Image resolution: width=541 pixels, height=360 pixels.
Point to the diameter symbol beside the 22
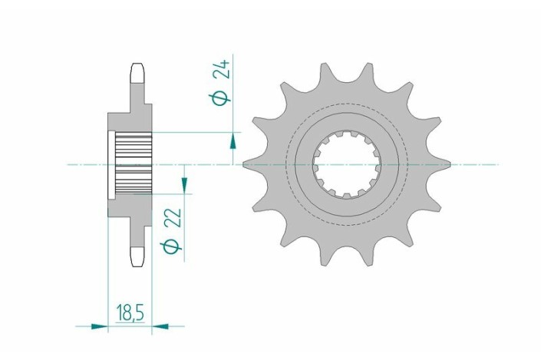[x=173, y=245]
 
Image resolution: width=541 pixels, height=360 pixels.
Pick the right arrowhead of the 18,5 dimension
[x=160, y=326]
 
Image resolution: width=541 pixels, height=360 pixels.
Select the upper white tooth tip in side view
[x=137, y=74]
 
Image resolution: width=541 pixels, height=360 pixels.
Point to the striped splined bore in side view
[x=134, y=163]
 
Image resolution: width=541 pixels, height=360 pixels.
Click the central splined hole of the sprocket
[x=347, y=163]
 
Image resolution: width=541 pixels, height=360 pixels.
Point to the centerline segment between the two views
[x=200, y=163]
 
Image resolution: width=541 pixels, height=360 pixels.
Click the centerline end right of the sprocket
[x=491, y=163]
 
